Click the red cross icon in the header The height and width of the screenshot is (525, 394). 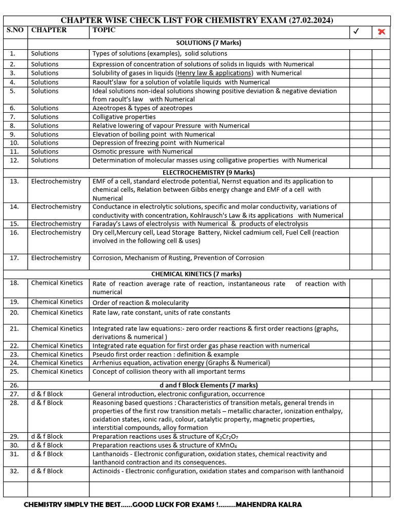click(381, 32)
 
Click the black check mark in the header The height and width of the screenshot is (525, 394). click(357, 32)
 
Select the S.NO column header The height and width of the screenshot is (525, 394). click(15, 30)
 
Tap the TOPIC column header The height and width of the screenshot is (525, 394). click(104, 30)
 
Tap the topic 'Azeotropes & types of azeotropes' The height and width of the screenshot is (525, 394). click(143, 108)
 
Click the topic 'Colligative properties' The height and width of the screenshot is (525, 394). click(124, 117)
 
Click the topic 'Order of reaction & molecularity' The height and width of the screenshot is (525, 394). click(141, 303)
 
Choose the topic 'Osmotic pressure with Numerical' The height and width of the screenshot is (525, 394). click(143, 152)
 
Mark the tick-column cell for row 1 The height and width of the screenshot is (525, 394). click(361, 54)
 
